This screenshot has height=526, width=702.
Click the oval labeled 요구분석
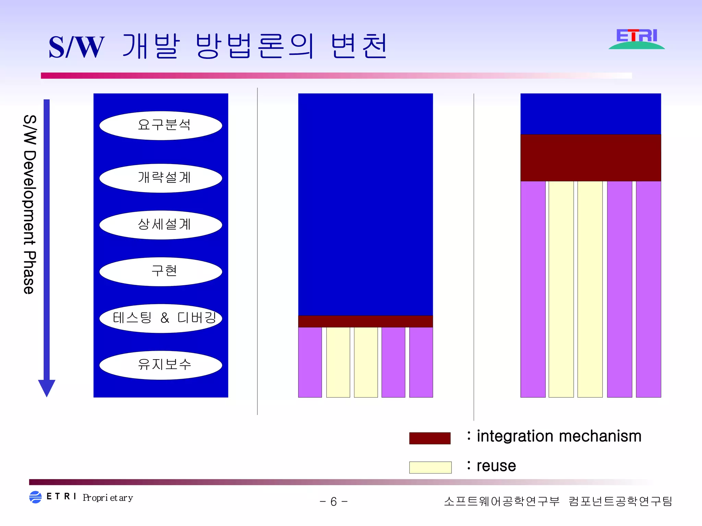point(161,125)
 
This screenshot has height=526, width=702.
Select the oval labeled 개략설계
point(161,178)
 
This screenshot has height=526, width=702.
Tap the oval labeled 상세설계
point(161,225)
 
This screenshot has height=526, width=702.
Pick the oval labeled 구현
point(161,271)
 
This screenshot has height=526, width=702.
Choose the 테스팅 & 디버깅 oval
point(161,318)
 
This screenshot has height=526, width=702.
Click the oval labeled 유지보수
point(161,365)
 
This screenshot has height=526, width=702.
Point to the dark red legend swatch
point(429,438)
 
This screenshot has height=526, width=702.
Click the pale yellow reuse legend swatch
point(430,467)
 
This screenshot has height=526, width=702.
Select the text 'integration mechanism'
point(559,436)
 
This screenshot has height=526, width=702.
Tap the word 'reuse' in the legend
point(496,466)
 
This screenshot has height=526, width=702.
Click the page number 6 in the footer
point(334,502)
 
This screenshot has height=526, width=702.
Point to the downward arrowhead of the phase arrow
point(47,388)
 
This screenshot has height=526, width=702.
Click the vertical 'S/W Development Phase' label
point(29,204)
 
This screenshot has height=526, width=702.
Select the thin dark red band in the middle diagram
point(365,321)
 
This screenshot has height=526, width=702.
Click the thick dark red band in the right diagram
point(590,158)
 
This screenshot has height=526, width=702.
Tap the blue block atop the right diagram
point(590,114)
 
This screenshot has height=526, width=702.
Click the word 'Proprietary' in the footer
point(108,498)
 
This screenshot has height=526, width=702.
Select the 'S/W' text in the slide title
point(76,47)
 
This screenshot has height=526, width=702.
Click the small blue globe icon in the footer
point(35,497)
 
